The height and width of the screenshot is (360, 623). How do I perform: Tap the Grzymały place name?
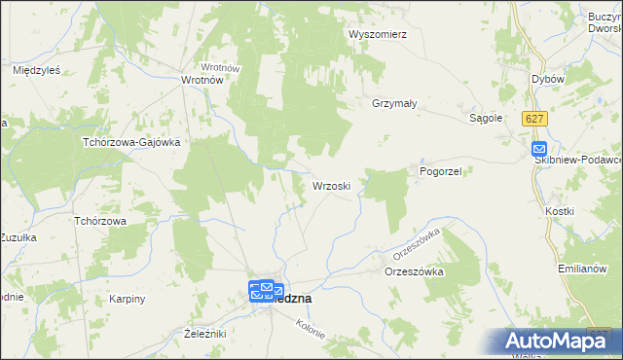[394, 102]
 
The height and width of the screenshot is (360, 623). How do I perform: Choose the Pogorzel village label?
[446, 170]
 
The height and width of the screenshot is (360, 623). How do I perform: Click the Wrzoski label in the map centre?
[339, 184]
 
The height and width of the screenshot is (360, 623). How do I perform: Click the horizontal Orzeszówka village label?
[414, 272]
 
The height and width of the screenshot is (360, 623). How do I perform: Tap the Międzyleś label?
[37, 70]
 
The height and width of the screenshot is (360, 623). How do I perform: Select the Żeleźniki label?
[204, 334]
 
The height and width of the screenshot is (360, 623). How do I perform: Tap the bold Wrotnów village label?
[204, 81]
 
